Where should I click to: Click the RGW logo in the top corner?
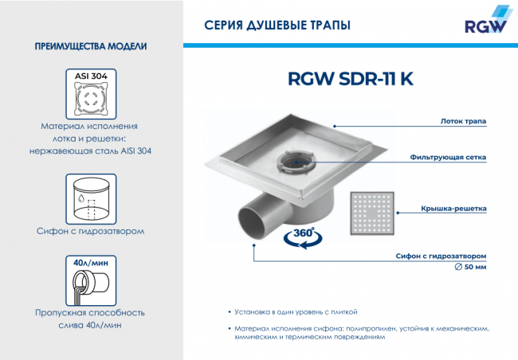485,22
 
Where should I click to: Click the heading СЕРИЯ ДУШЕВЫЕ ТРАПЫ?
277,25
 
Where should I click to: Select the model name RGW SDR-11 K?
350,80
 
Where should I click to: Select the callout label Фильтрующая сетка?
448,158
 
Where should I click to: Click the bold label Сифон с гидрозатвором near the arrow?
441,256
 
